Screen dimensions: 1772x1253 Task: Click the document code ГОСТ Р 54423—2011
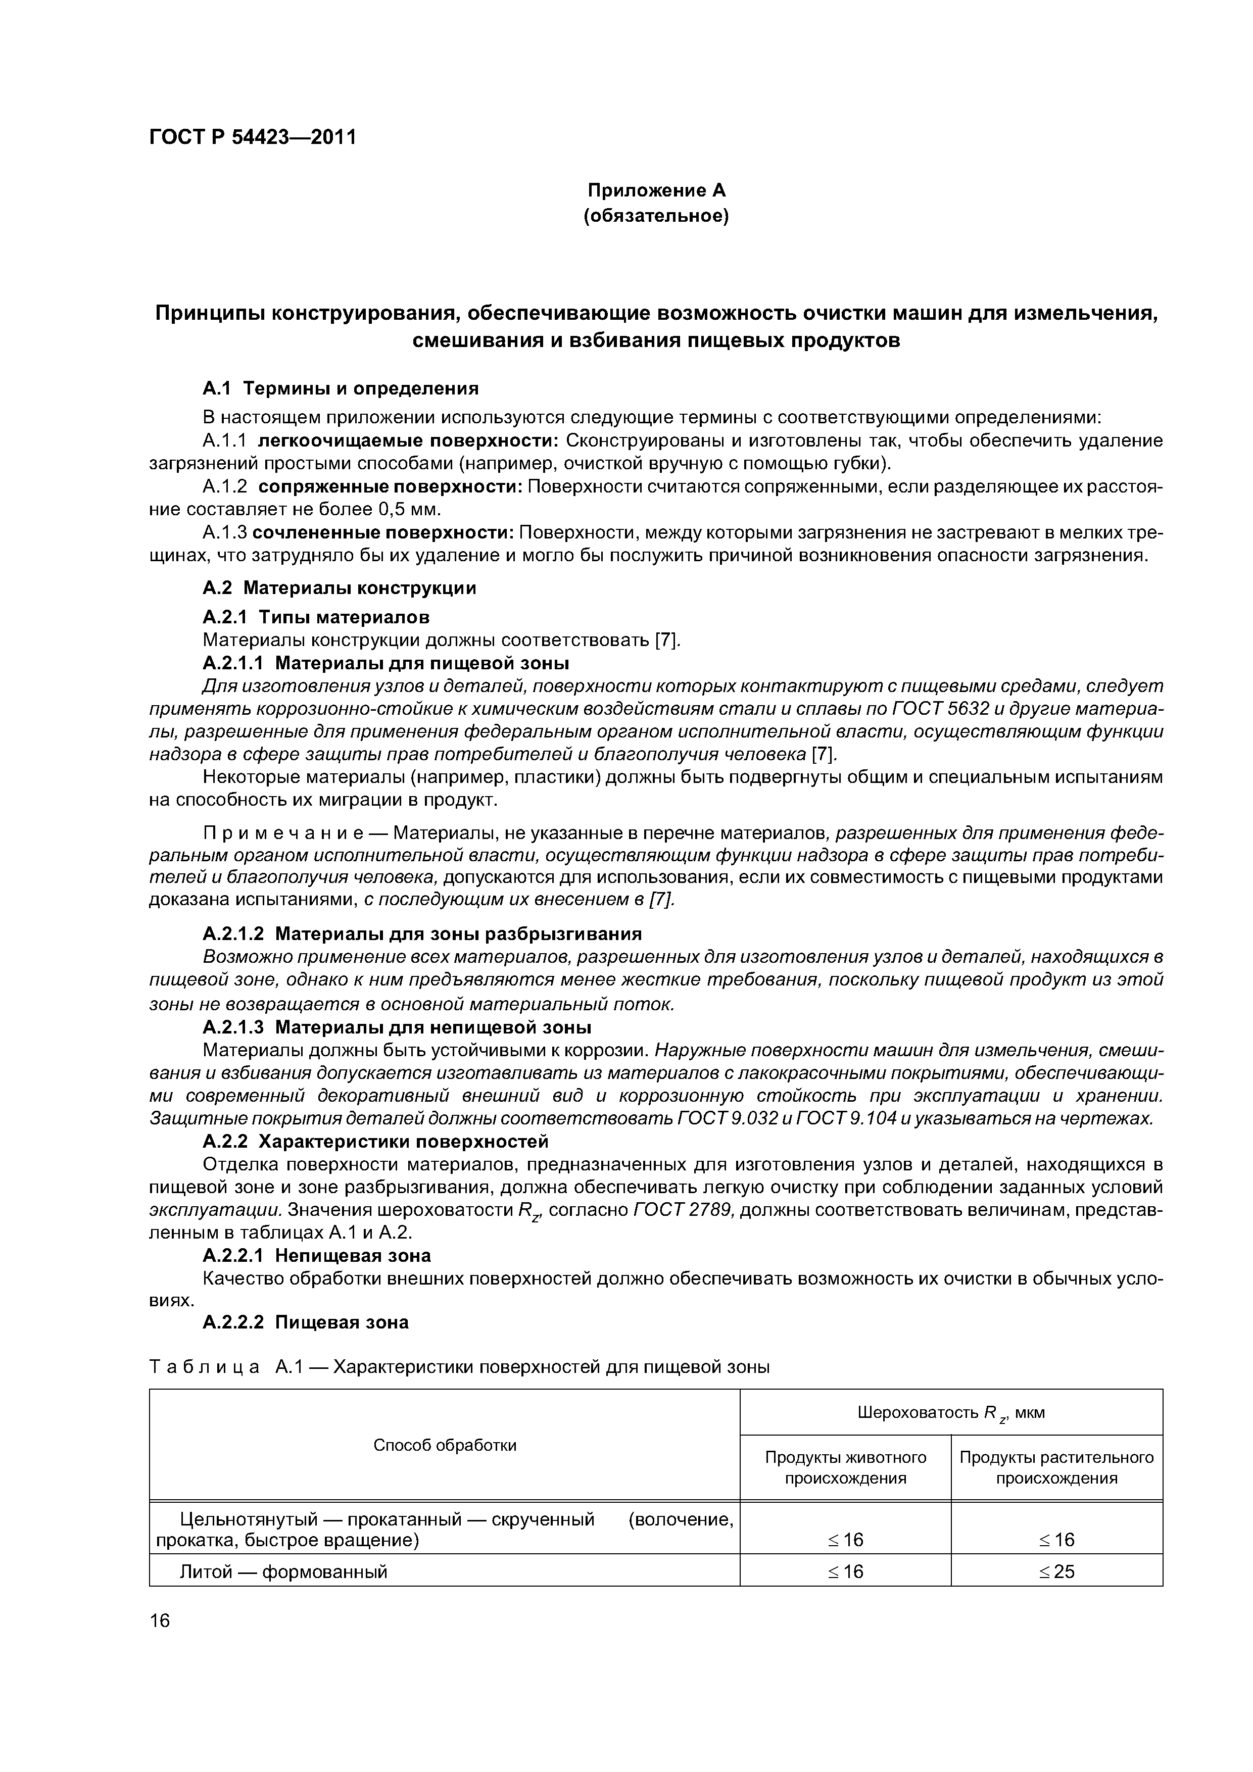coord(253,137)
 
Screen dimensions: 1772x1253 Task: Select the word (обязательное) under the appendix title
coord(656,216)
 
